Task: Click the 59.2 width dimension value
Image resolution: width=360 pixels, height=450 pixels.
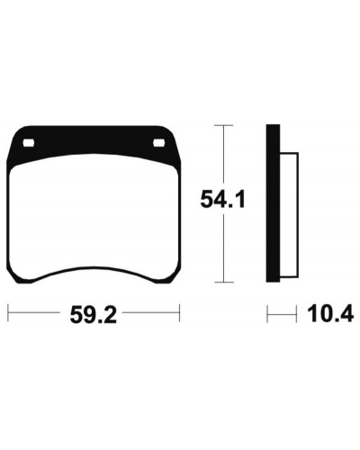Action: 93,315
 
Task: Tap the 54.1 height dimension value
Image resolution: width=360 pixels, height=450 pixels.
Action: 222,199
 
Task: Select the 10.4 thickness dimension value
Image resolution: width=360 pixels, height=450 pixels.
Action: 330,314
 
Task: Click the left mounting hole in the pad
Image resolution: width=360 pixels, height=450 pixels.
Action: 29,143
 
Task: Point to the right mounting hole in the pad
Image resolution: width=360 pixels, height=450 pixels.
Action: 159,143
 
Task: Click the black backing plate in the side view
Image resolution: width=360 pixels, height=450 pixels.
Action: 273,203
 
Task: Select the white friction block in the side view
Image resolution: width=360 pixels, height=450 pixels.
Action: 289,215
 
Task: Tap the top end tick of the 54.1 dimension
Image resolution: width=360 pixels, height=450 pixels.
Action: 223,125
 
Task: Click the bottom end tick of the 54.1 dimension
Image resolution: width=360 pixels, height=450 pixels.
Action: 223,282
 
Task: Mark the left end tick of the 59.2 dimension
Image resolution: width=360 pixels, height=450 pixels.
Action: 8,313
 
